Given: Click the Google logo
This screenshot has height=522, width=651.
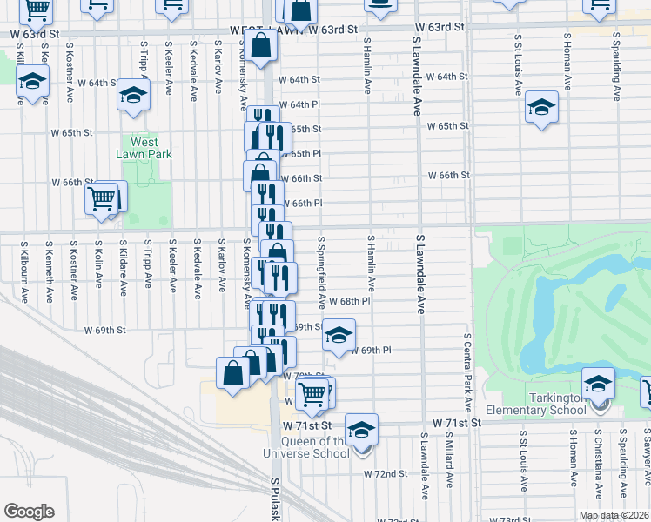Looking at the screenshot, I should tap(29, 512).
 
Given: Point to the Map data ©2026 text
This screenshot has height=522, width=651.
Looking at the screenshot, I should tap(614, 515).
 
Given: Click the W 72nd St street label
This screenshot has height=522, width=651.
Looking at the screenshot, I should tap(386, 474).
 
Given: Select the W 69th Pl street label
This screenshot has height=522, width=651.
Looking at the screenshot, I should tap(371, 350).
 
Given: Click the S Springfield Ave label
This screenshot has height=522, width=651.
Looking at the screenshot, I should tap(321, 272).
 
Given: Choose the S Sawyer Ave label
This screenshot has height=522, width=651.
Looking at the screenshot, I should tap(648, 462).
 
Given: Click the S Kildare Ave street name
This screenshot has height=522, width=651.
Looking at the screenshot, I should tap(124, 265).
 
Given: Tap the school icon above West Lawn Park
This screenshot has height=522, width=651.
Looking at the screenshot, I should tap(133, 97).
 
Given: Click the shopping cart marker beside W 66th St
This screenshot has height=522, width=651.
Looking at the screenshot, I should tap(102, 200).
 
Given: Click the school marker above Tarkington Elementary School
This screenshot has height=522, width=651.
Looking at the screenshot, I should tap(598, 384).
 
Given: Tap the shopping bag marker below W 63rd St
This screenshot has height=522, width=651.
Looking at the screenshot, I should tap(260, 44).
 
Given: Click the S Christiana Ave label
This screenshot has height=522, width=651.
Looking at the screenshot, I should tap(598, 462).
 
